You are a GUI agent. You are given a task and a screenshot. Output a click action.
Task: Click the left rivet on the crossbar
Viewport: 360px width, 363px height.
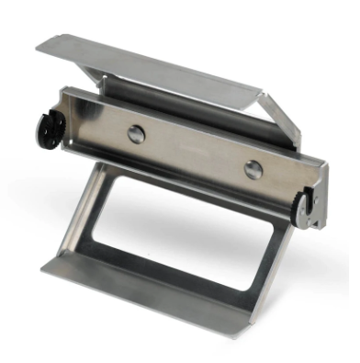pos(136,134)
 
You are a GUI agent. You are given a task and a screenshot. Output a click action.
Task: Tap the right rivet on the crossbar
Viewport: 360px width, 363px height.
pos(253,168)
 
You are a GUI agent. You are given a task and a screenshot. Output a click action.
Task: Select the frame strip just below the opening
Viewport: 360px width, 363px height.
pos(165,271)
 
